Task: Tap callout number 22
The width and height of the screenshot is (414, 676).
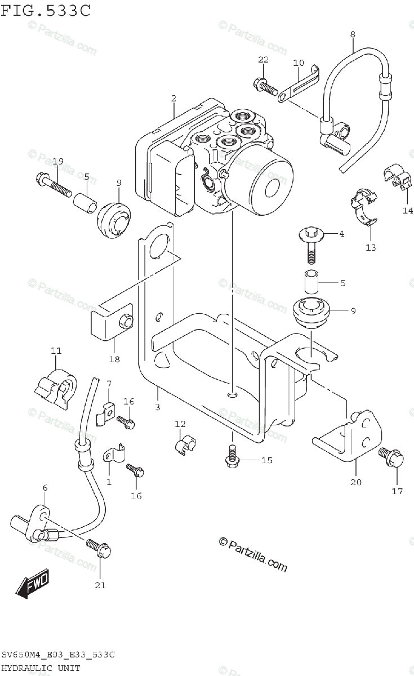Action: pos(264,60)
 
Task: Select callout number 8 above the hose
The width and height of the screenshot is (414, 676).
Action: pos(353,34)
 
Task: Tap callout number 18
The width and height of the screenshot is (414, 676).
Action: pos(114,358)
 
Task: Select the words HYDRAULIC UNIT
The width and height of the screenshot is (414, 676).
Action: pos(41,668)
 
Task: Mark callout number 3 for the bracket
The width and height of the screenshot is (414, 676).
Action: pos(158,407)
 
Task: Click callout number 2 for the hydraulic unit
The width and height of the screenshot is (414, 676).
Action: pos(173,99)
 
